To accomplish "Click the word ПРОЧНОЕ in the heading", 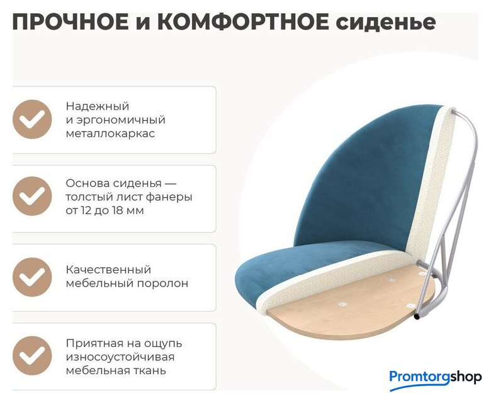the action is [71, 22].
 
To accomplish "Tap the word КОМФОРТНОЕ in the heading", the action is [243, 22].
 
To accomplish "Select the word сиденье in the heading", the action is [385, 23].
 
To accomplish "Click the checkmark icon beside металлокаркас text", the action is [32, 119].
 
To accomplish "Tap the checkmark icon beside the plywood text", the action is [32, 196].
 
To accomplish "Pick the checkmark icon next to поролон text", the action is [32, 277].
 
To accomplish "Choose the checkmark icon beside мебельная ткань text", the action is [32, 356].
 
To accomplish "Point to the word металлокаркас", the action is [110, 133].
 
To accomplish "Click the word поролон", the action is [162, 284].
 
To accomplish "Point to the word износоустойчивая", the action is [120, 357].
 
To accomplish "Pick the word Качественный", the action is [108, 270].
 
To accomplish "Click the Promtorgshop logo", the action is [435, 378].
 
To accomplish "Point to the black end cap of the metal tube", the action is [417, 317].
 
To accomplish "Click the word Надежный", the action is [98, 106].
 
